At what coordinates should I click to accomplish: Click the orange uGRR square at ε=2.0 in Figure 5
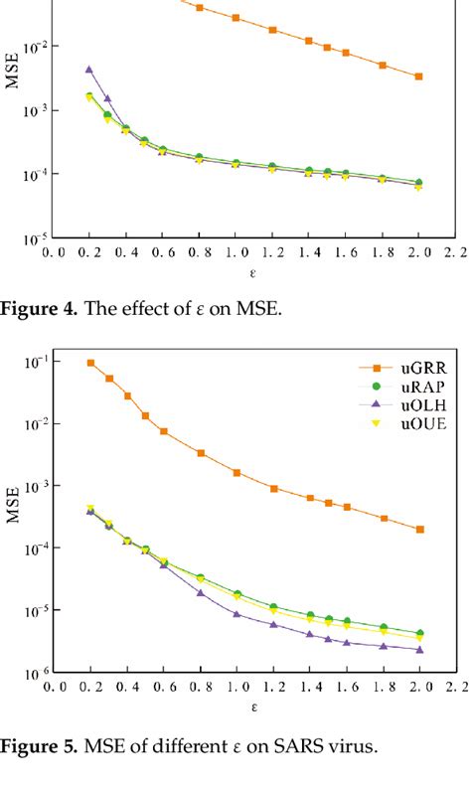point(419,530)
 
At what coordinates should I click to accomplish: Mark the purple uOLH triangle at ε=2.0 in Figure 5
point(419,650)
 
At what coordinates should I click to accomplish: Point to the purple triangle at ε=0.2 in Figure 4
point(89,70)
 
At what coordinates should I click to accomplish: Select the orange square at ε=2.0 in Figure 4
point(419,77)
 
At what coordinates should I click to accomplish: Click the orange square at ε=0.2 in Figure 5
point(89,363)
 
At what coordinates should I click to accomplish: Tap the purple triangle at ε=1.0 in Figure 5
point(235,614)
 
